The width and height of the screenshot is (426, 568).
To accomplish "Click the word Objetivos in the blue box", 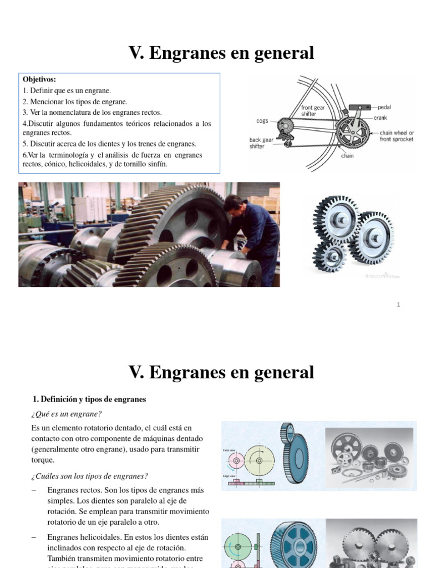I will [x=39, y=79].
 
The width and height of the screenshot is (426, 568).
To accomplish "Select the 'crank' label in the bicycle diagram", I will [x=381, y=118].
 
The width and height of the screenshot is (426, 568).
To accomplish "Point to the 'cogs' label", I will [x=262, y=120].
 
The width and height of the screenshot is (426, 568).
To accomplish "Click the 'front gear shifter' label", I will [x=313, y=111].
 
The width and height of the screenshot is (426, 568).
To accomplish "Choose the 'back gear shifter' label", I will [x=261, y=143].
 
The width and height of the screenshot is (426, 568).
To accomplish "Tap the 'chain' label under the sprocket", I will [x=347, y=156].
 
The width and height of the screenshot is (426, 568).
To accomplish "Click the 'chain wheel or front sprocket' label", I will [x=397, y=136].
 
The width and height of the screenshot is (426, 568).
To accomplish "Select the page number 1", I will [x=398, y=305].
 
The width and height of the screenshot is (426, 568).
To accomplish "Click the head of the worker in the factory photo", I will [x=234, y=203].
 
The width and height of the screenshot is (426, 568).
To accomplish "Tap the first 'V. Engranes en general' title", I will [x=221, y=53].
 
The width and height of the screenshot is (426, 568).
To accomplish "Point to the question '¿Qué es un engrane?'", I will [x=67, y=414].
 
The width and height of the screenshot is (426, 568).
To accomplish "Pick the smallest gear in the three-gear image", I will [x=332, y=256].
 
